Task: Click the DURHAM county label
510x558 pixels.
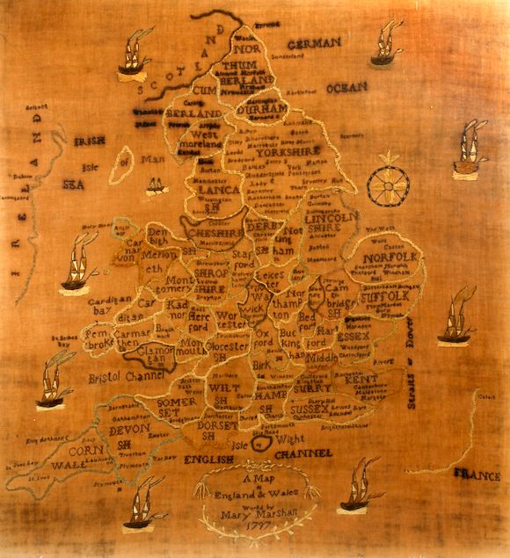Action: coord(262,108)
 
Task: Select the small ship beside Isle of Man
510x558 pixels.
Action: coord(157,185)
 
